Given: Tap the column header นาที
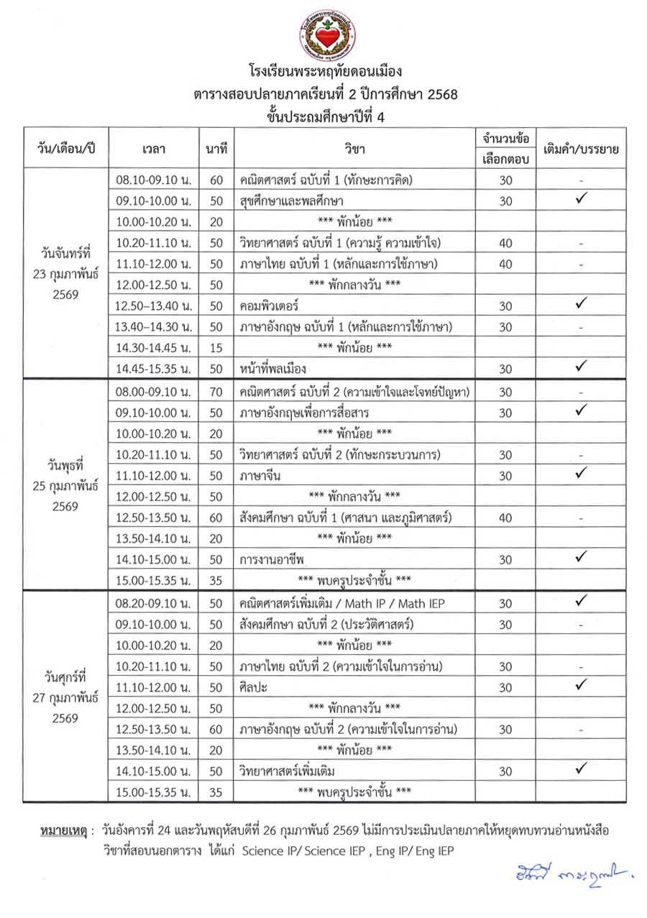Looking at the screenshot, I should click(216, 149).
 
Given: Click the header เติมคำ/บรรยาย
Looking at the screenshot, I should click(582, 149).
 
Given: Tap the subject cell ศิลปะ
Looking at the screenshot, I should click(254, 687).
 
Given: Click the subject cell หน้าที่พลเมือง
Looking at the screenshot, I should click(273, 369).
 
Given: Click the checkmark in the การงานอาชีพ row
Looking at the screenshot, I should click(582, 556).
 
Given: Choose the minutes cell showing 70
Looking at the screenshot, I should click(216, 392).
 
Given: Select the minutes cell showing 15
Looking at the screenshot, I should click(216, 348).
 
